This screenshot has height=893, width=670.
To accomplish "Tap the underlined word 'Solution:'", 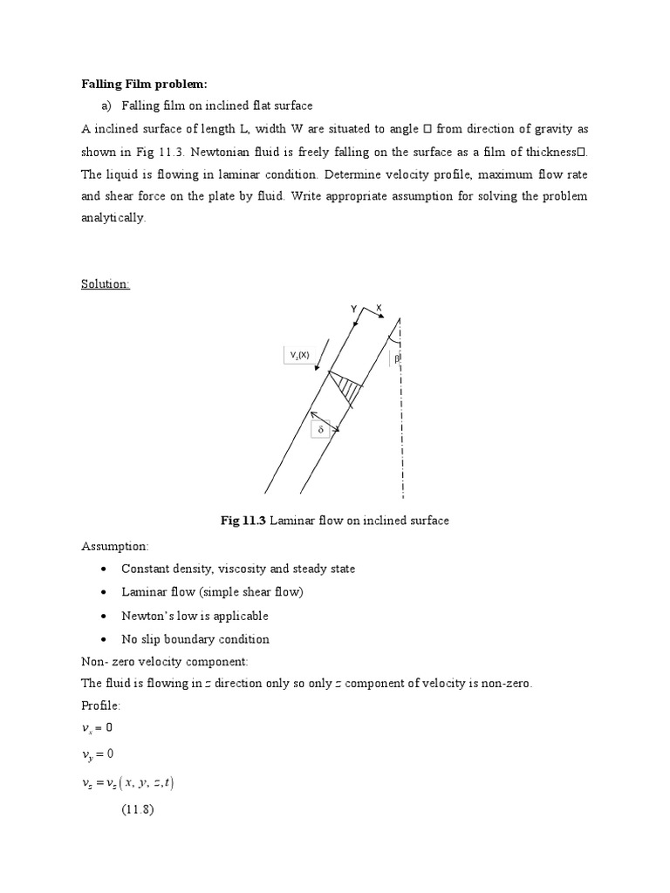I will point(106,284).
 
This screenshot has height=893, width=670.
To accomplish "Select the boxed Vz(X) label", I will point(299,355).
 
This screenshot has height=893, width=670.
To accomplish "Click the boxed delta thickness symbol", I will point(320,430).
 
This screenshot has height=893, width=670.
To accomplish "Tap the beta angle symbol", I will point(395,358).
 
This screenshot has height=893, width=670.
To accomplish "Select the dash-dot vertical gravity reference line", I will point(401,419).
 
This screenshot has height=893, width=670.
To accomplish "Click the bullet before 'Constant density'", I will point(104,569).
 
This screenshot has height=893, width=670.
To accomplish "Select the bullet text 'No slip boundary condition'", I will point(195,639).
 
